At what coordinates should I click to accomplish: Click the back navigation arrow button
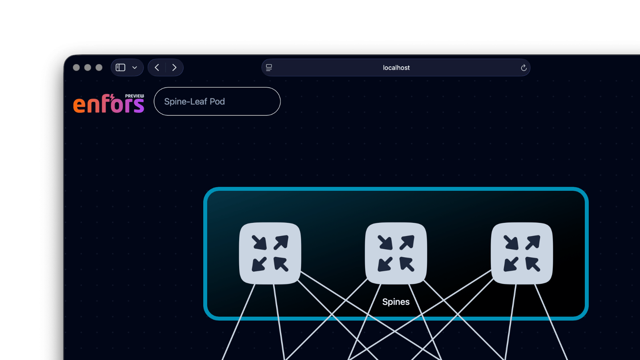(x=157, y=68)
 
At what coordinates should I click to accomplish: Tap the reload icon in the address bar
(x=523, y=68)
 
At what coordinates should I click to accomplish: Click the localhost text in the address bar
(x=396, y=68)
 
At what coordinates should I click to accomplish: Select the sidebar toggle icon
(x=120, y=68)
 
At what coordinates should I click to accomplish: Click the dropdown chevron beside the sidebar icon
(x=135, y=68)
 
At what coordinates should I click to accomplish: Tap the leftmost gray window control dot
(x=76, y=68)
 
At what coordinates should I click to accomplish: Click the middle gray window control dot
(x=88, y=68)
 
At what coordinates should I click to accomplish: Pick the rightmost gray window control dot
(x=99, y=68)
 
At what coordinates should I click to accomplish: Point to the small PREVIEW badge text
(x=134, y=96)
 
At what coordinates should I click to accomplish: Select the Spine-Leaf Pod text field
(x=217, y=102)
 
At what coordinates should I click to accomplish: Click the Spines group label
(x=396, y=302)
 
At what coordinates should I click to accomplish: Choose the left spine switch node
(x=270, y=253)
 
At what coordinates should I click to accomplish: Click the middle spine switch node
(x=396, y=253)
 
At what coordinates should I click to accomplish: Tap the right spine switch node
(x=522, y=253)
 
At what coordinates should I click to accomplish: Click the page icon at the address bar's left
(x=269, y=68)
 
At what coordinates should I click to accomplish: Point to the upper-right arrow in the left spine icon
(x=281, y=242)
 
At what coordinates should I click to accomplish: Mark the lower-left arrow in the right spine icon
(x=511, y=264)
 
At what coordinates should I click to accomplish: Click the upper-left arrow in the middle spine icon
(x=385, y=242)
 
